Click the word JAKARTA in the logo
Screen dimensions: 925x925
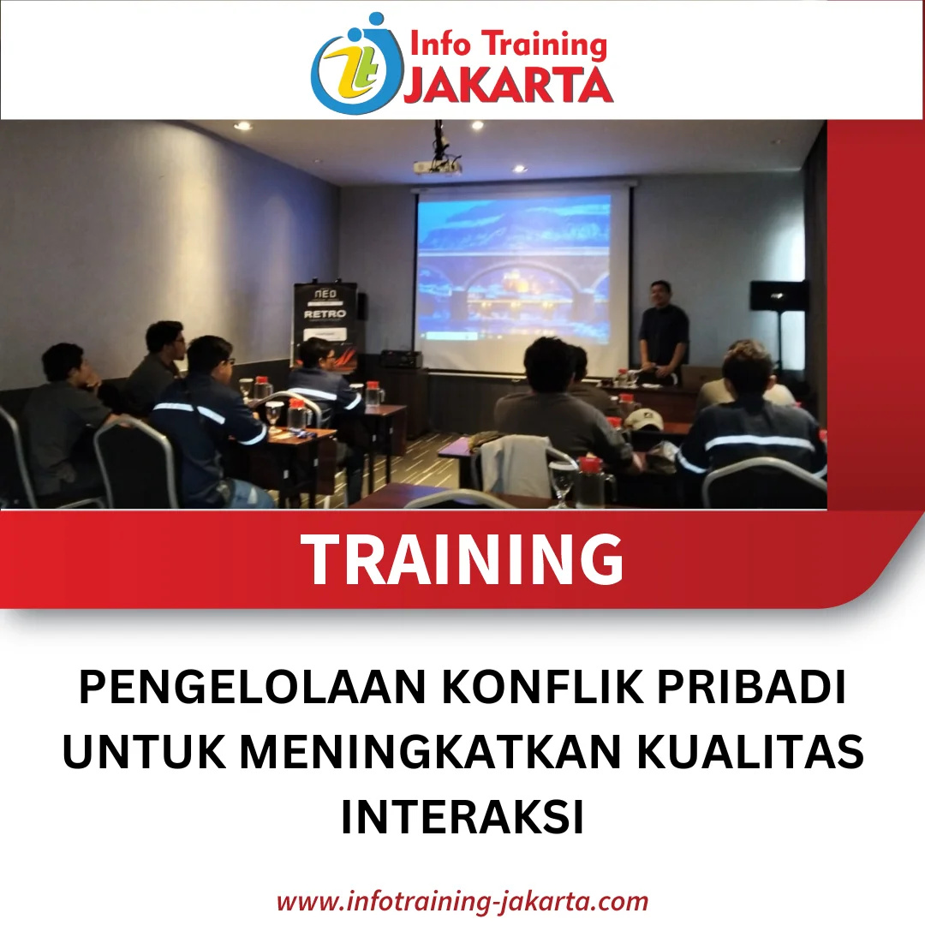[x=509, y=84]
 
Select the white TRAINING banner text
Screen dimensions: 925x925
[x=462, y=558]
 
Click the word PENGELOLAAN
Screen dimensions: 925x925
[x=253, y=687]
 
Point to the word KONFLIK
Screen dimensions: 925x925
[x=542, y=687]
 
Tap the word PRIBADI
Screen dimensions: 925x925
[x=752, y=687]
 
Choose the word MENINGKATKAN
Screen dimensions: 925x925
[x=431, y=752]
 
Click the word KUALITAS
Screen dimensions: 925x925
[x=750, y=752]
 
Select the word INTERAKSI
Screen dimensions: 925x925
[x=462, y=817]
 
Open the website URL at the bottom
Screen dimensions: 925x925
[x=462, y=901]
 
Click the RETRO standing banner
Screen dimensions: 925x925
[x=325, y=320]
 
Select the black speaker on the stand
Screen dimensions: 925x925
[x=777, y=295]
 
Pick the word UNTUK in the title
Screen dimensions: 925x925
[x=143, y=752]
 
